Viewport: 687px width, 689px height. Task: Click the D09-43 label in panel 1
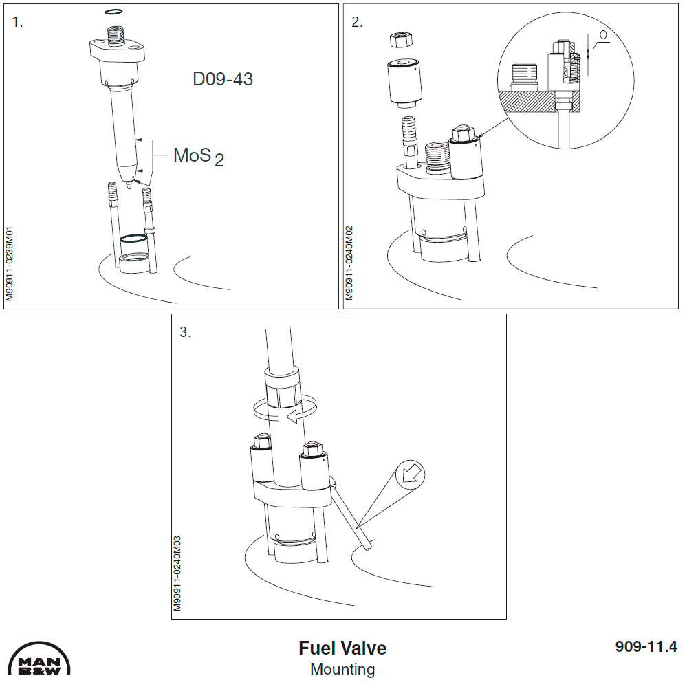222,79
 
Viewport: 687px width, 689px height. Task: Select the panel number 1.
18,22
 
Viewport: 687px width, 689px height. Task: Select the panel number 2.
357,22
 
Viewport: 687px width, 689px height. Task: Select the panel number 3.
185,332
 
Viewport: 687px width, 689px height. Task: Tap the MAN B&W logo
40,661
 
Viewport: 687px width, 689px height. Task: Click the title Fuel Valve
342,648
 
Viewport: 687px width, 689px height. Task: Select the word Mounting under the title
342,668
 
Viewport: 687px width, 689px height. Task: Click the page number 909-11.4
645,646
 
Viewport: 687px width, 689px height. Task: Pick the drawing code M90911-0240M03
177,575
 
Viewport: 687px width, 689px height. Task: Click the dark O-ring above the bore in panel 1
133,239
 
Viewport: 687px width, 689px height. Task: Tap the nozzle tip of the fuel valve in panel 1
130,182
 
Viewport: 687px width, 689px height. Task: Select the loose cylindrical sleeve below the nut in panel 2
404,83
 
